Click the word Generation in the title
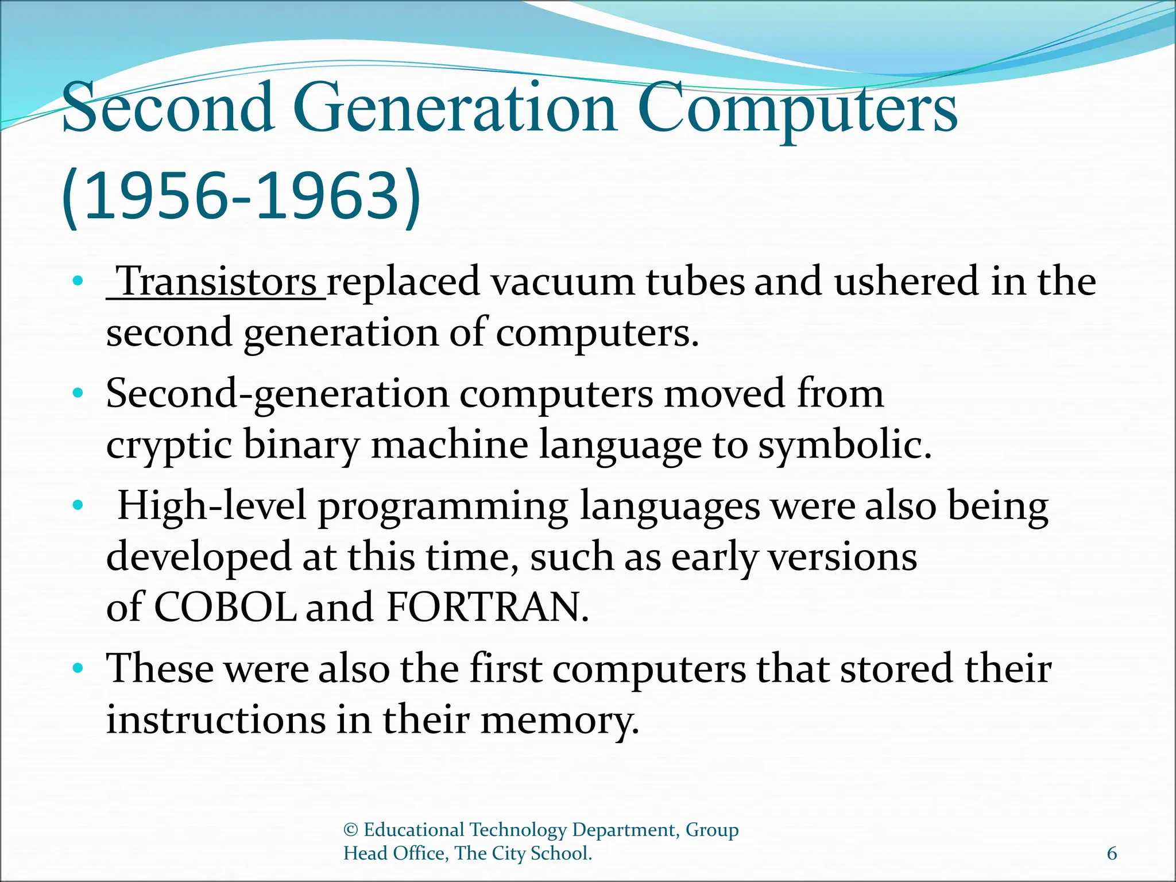[x=457, y=108]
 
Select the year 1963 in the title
[x=327, y=196]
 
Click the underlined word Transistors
[x=217, y=282]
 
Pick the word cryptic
[x=169, y=446]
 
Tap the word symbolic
[x=844, y=446]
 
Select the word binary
[x=301, y=446]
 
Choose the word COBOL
[x=225, y=608]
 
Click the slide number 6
[x=1112, y=854]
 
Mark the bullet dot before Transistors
[x=78, y=282]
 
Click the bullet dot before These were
[x=78, y=669]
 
